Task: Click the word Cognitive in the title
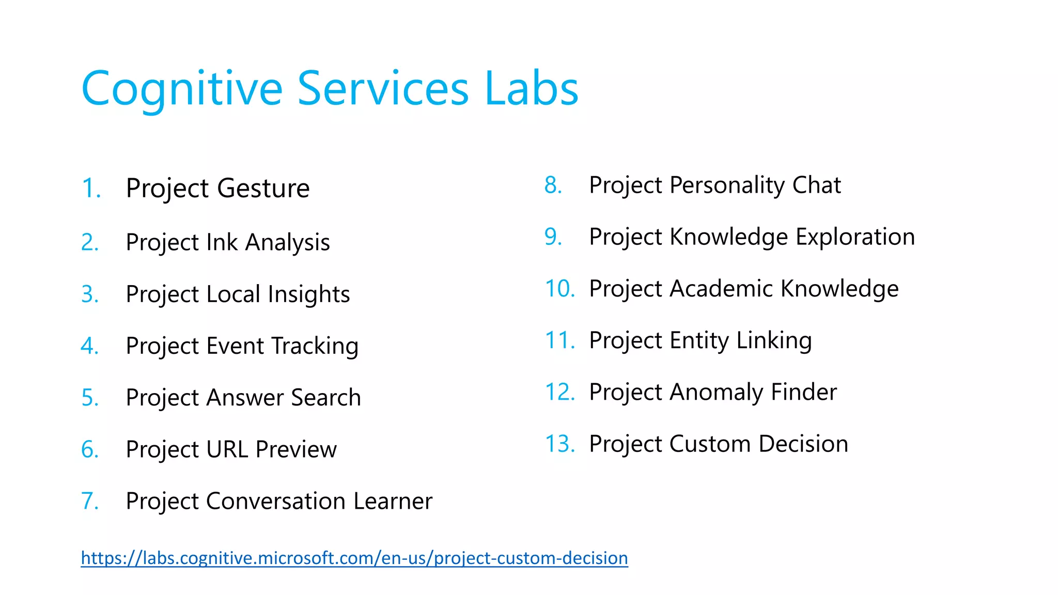(182, 89)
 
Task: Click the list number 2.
(90, 242)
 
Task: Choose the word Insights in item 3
(308, 294)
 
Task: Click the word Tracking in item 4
(315, 346)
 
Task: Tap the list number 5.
(90, 398)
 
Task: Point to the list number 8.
(553, 185)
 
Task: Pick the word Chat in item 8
(816, 185)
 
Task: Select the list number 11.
(560, 340)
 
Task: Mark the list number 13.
(560, 444)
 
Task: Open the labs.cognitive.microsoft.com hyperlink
(354, 558)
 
